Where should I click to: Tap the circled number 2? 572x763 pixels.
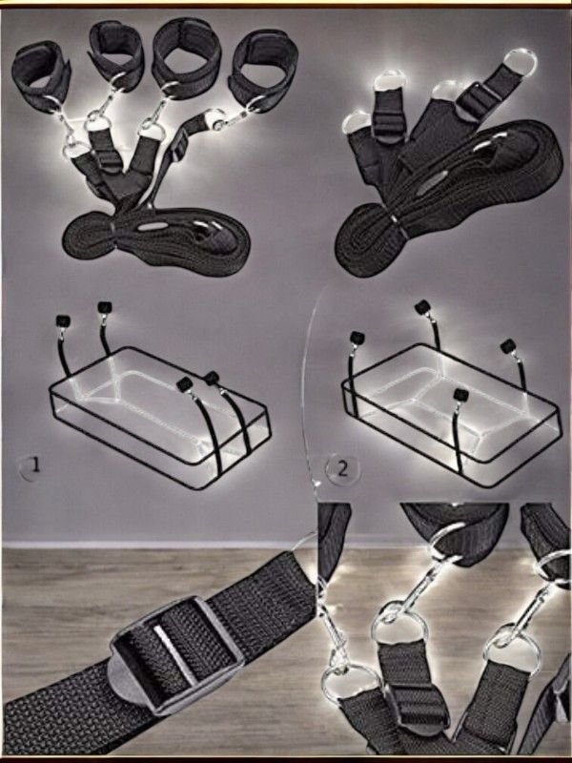[342, 469]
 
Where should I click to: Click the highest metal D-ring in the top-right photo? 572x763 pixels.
[520, 61]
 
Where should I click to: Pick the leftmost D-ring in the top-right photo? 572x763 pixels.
[359, 124]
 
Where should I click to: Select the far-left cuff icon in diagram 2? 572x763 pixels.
[357, 338]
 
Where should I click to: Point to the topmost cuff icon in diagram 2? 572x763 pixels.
[422, 307]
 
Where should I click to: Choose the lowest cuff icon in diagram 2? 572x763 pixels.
[460, 394]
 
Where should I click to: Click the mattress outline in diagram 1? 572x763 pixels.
[159, 418]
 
